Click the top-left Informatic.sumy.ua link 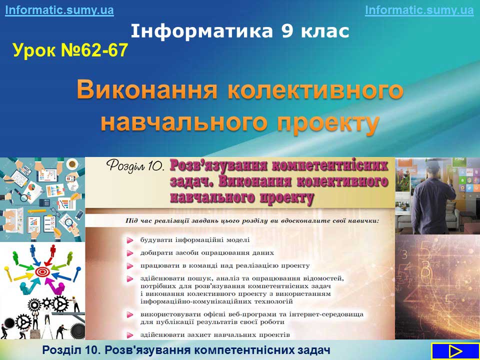click(x=59, y=10)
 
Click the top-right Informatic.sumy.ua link click(x=419, y=10)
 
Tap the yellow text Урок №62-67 click(x=70, y=50)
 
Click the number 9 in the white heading click(x=287, y=31)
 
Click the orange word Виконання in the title click(x=147, y=89)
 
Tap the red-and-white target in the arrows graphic click(x=42, y=271)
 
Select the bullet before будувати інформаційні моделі click(x=130, y=240)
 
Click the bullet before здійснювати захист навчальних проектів click(x=130, y=335)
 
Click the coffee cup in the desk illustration click(x=72, y=164)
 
